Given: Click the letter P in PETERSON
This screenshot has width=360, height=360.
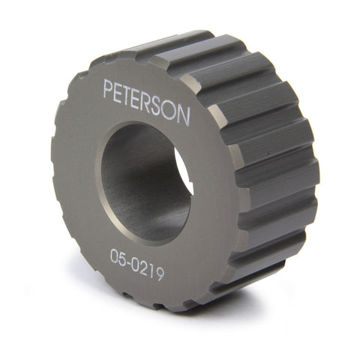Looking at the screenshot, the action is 109,88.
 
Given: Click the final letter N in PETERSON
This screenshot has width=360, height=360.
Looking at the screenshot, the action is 184,116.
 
